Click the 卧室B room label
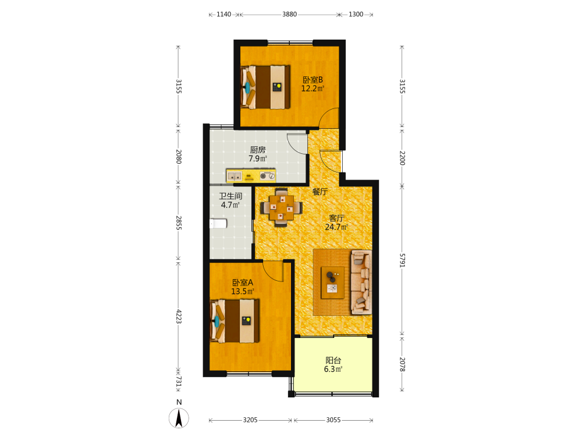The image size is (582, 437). click(313, 79)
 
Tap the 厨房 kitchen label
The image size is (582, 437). click(258, 150)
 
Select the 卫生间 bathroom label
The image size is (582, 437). click(230, 196)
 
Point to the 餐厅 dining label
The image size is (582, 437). click(320, 192)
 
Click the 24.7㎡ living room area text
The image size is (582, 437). click(336, 227)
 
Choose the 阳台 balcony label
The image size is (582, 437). click(333, 360)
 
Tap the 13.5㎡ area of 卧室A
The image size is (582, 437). click(242, 291)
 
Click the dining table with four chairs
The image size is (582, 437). click(281, 208)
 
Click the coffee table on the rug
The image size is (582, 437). click(332, 283)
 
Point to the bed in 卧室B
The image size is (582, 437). click(265, 87)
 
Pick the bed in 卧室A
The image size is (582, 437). click(235, 321)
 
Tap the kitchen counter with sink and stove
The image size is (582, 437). click(251, 175)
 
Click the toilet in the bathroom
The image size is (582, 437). click(218, 224)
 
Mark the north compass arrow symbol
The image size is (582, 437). click(179, 418)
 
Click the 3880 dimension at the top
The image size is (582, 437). click(289, 14)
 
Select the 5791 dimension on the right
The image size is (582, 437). click(402, 260)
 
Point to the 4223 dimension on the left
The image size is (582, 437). click(179, 316)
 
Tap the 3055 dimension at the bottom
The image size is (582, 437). click(333, 420)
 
